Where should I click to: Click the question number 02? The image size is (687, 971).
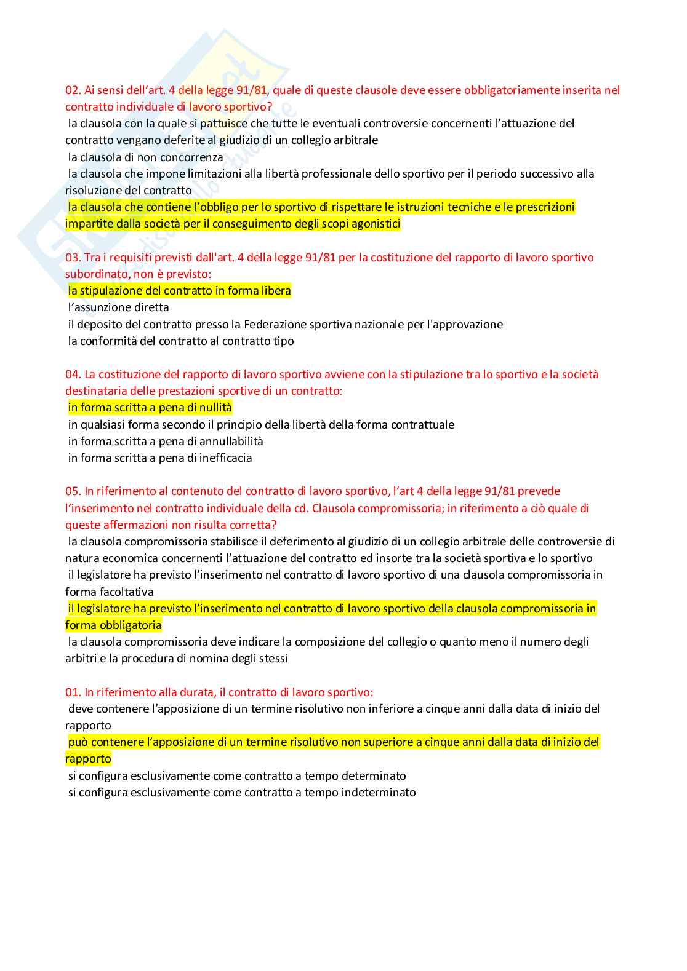73,90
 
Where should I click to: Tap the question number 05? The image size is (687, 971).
73,491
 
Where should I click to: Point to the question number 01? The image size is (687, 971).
73,692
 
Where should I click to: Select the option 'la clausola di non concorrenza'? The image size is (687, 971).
145,157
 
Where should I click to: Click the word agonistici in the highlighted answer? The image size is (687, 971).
376,224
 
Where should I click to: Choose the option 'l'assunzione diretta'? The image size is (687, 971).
118,307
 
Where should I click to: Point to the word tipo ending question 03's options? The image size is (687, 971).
283,341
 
